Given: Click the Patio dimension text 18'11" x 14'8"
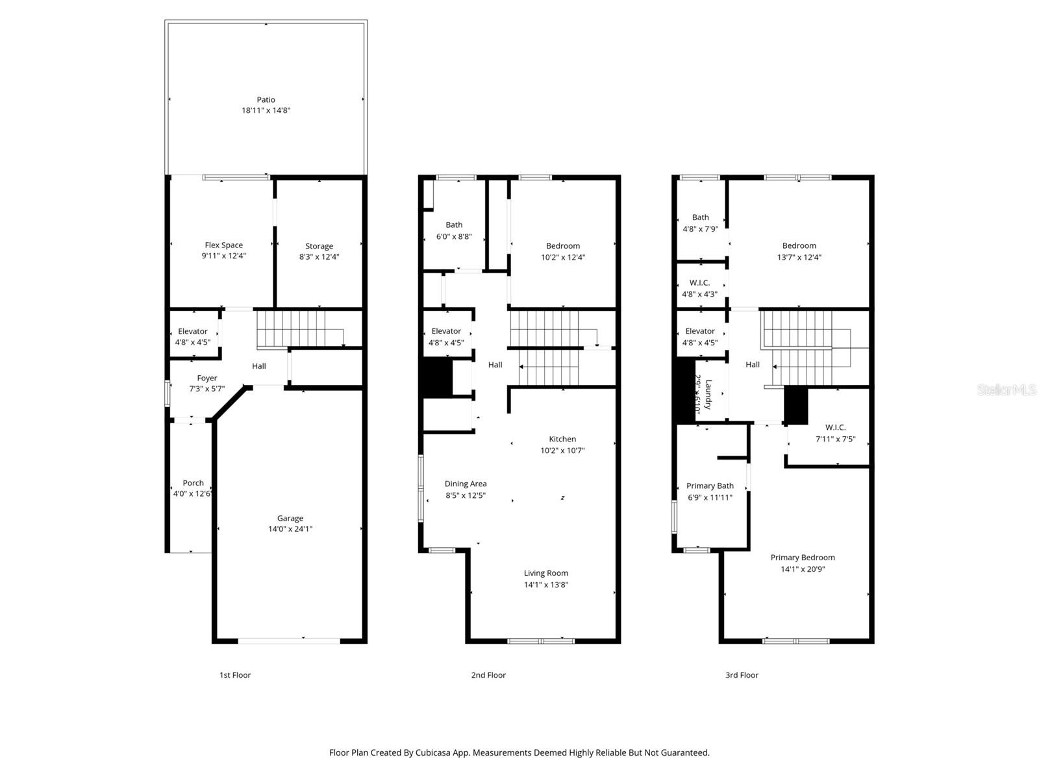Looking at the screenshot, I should pos(266,110).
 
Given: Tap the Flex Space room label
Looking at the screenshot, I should pos(223,245).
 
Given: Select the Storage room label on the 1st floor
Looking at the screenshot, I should pos(319,246).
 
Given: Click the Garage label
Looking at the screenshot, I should pos(290,518).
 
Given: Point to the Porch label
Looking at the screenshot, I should pos(193,483).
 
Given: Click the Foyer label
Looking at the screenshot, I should pos(207,378).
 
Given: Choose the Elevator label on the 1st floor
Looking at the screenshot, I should pos(192,331).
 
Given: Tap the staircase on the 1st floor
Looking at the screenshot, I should pos(299,328).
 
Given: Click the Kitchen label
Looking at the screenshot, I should pos(562,439).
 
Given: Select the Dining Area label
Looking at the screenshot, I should pos(465,484).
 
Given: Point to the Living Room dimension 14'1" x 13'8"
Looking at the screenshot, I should pos(546,585).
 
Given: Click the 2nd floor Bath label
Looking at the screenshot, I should pos(454,225).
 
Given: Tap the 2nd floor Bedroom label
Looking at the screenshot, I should pos(562,245).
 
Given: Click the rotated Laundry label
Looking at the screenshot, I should pos(708,395).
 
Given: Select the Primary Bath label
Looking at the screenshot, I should pos(710,486).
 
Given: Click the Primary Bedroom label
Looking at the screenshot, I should pos(803,557).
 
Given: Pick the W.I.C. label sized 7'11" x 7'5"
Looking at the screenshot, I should pos(835,427).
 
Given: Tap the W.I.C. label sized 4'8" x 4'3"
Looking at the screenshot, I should pos(699,282).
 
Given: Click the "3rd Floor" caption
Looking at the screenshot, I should pos(742,675).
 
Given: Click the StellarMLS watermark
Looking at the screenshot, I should pos(1007,390).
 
